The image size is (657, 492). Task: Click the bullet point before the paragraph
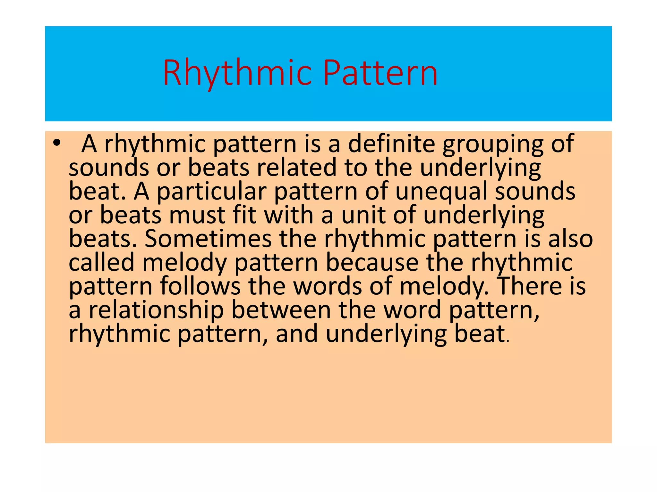57,143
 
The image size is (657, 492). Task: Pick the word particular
211,192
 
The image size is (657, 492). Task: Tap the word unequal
441,192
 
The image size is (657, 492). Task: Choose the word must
197,215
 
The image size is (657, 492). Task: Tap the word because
372,262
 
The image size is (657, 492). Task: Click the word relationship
156,310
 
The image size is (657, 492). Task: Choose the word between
281,310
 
